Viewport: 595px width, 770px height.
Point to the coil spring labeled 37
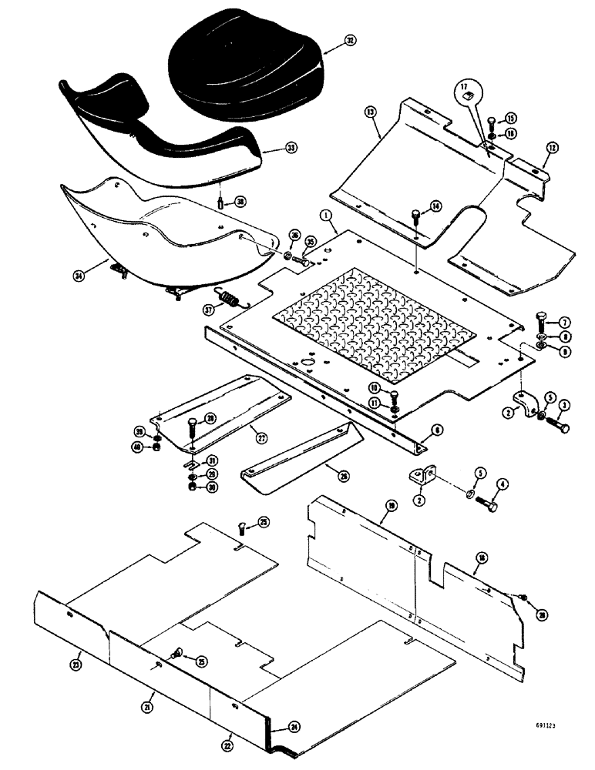point(229,298)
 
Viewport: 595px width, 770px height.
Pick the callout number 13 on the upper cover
point(371,112)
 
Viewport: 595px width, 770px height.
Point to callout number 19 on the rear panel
point(392,505)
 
